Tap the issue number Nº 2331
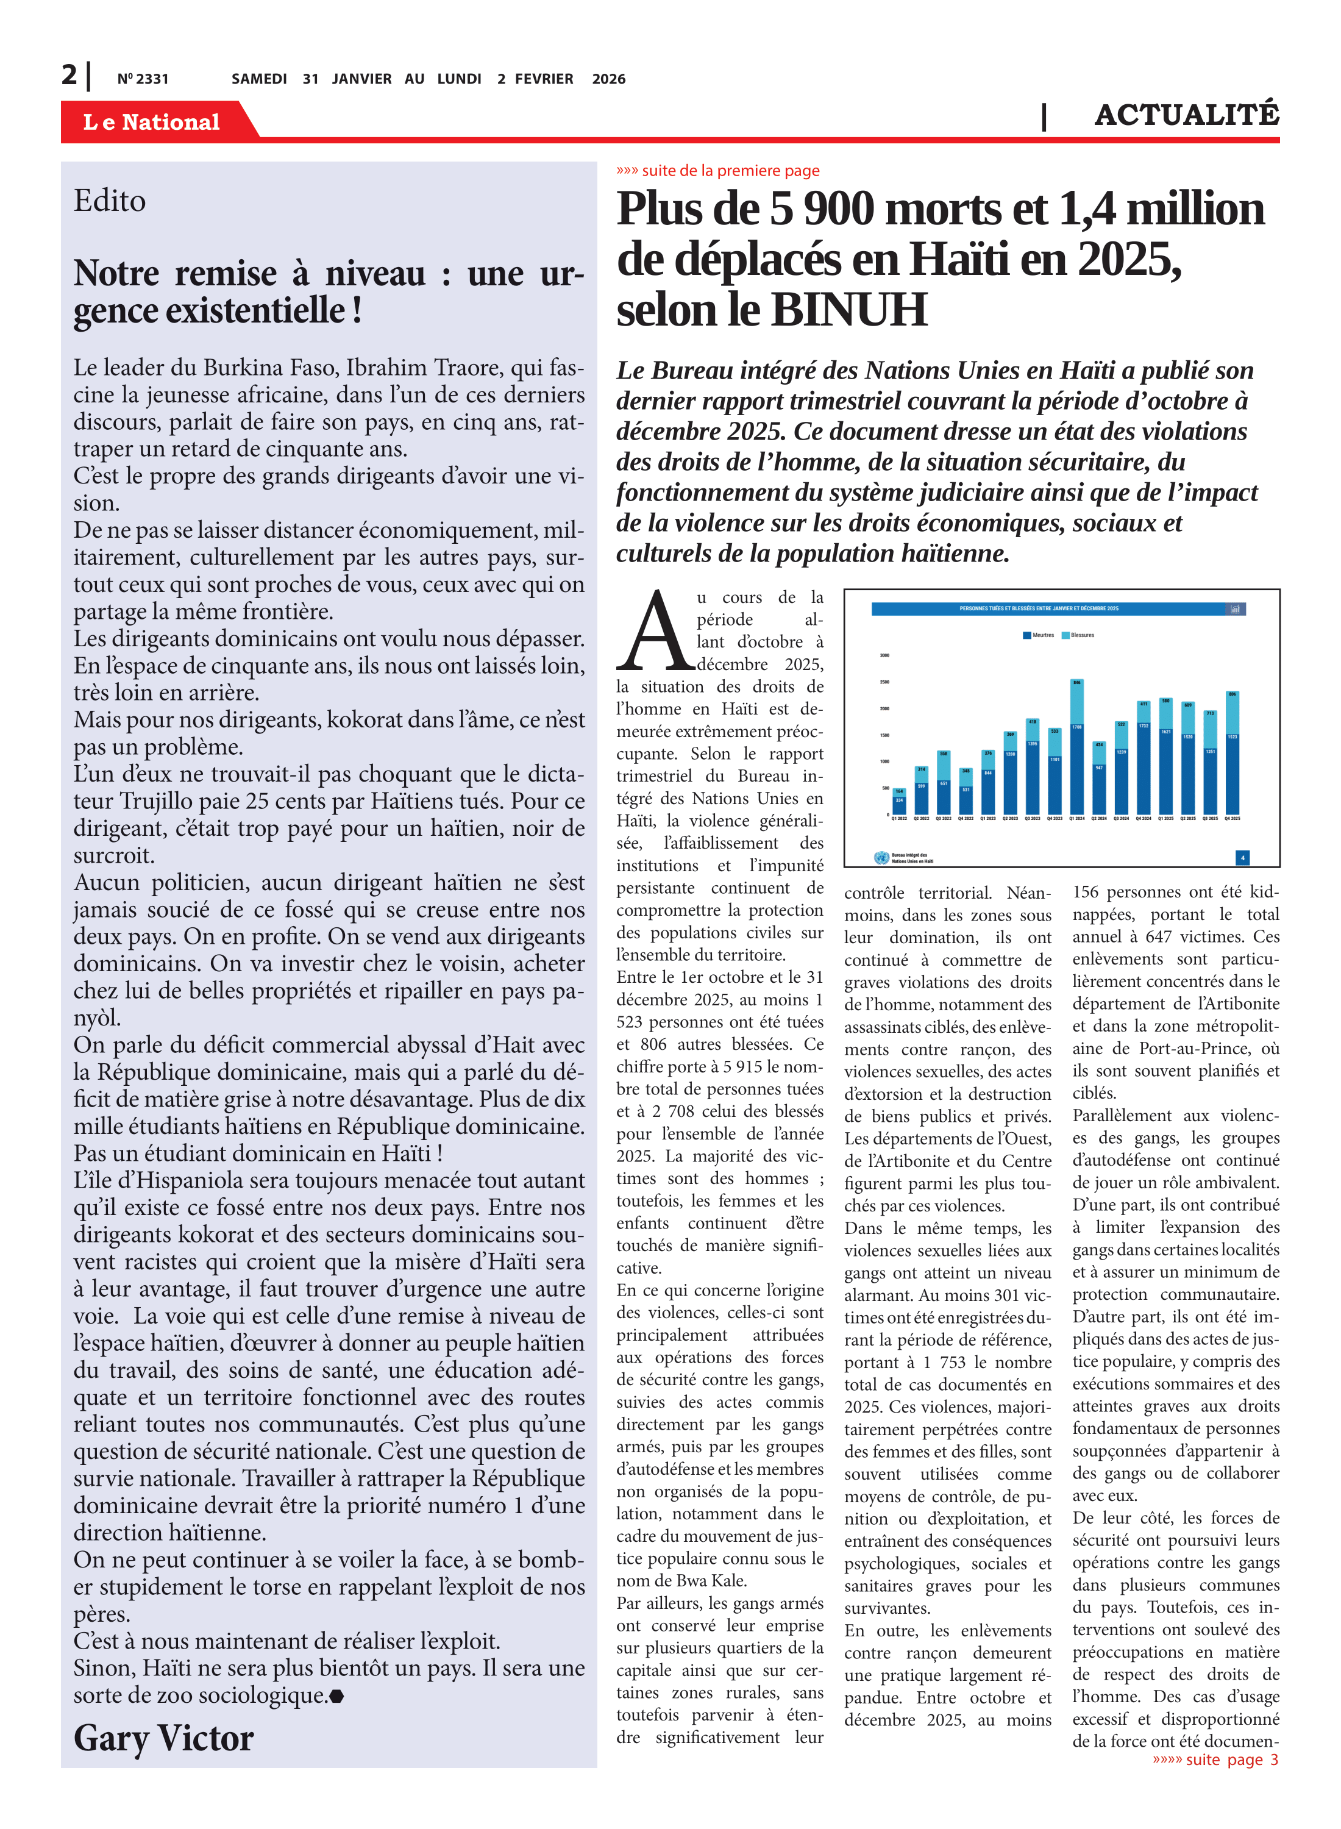143,79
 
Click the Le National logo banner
152,122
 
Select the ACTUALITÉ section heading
1186,116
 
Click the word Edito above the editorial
110,201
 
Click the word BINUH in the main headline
848,311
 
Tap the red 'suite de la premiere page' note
719,171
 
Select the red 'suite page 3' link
1215,1759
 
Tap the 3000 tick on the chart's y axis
885,655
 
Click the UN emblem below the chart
881,857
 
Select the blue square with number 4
1242,857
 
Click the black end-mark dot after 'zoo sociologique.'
337,1696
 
